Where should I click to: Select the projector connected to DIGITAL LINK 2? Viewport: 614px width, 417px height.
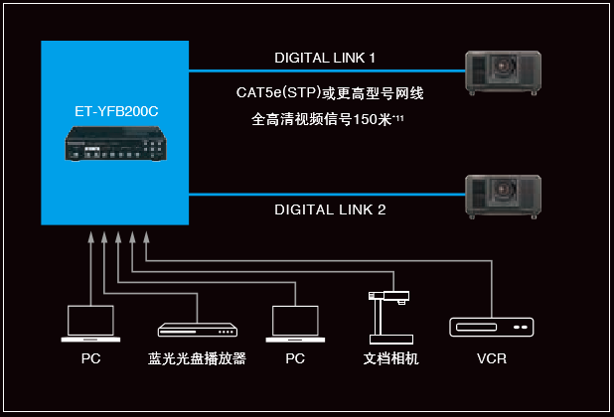(x=505, y=196)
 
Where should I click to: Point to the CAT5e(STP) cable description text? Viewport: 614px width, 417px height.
(x=330, y=94)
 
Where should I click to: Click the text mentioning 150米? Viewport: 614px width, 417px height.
(x=332, y=121)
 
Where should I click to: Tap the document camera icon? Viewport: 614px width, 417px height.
(x=386, y=316)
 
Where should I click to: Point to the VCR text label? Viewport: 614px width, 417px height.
(x=491, y=357)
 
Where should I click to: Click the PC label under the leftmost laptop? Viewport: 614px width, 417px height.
(x=90, y=357)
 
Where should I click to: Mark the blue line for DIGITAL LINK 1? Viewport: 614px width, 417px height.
(x=328, y=70)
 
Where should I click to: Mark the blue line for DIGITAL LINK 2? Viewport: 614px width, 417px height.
(x=328, y=195)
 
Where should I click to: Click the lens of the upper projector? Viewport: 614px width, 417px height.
(x=510, y=71)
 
